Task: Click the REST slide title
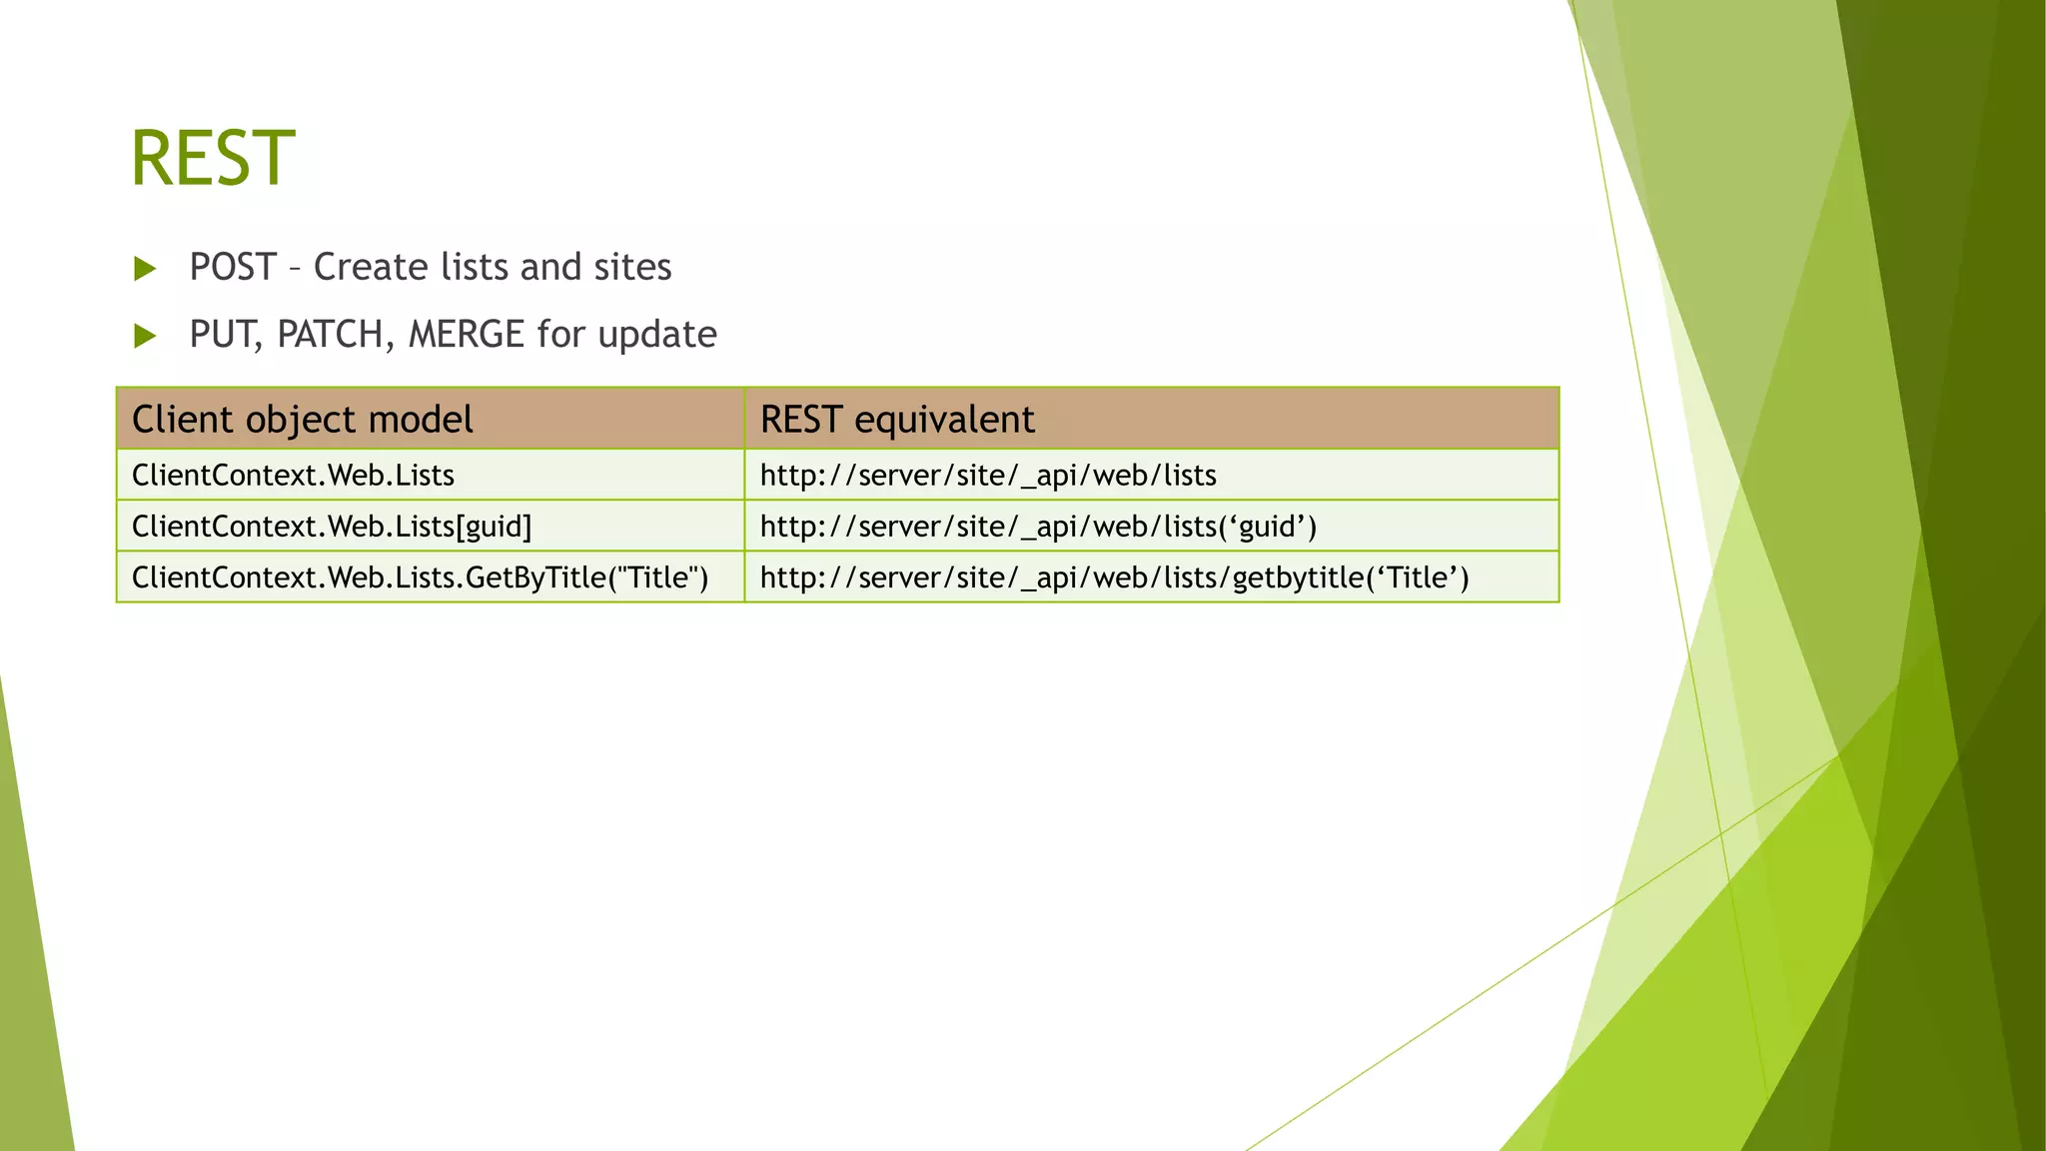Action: [x=213, y=158]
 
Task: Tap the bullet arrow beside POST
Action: [x=146, y=269]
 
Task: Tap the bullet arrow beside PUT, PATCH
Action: [x=146, y=336]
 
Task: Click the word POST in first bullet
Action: [x=233, y=267]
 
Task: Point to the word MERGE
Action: [x=467, y=334]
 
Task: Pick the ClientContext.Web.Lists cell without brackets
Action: [x=294, y=476]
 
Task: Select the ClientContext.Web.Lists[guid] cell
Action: [x=332, y=527]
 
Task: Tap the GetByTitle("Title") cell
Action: [x=420, y=577]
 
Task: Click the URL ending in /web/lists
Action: [x=988, y=476]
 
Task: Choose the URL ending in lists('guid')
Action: [x=1038, y=527]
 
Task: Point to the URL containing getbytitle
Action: [x=1114, y=577]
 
